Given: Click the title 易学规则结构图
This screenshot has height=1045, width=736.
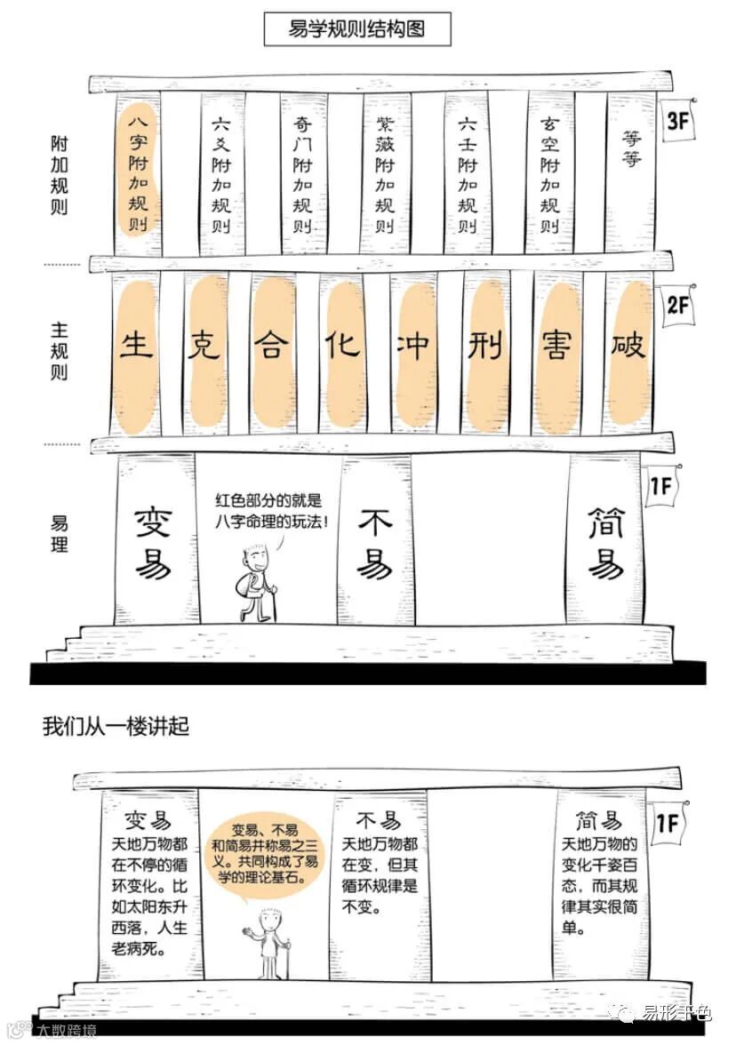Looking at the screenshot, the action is (x=357, y=28).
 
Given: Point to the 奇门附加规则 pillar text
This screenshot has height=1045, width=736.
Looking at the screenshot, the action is (x=303, y=173).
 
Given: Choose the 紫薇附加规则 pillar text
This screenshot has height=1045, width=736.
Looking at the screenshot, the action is (x=384, y=173).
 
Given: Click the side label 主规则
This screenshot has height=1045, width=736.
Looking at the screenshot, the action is (x=60, y=352).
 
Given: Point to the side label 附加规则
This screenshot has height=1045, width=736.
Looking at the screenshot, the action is (x=60, y=175).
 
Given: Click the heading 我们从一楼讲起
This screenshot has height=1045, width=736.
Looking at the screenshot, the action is (x=116, y=727).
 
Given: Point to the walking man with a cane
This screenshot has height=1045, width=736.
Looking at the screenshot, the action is (x=257, y=585).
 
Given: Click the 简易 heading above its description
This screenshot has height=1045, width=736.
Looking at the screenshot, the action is (x=599, y=819).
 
